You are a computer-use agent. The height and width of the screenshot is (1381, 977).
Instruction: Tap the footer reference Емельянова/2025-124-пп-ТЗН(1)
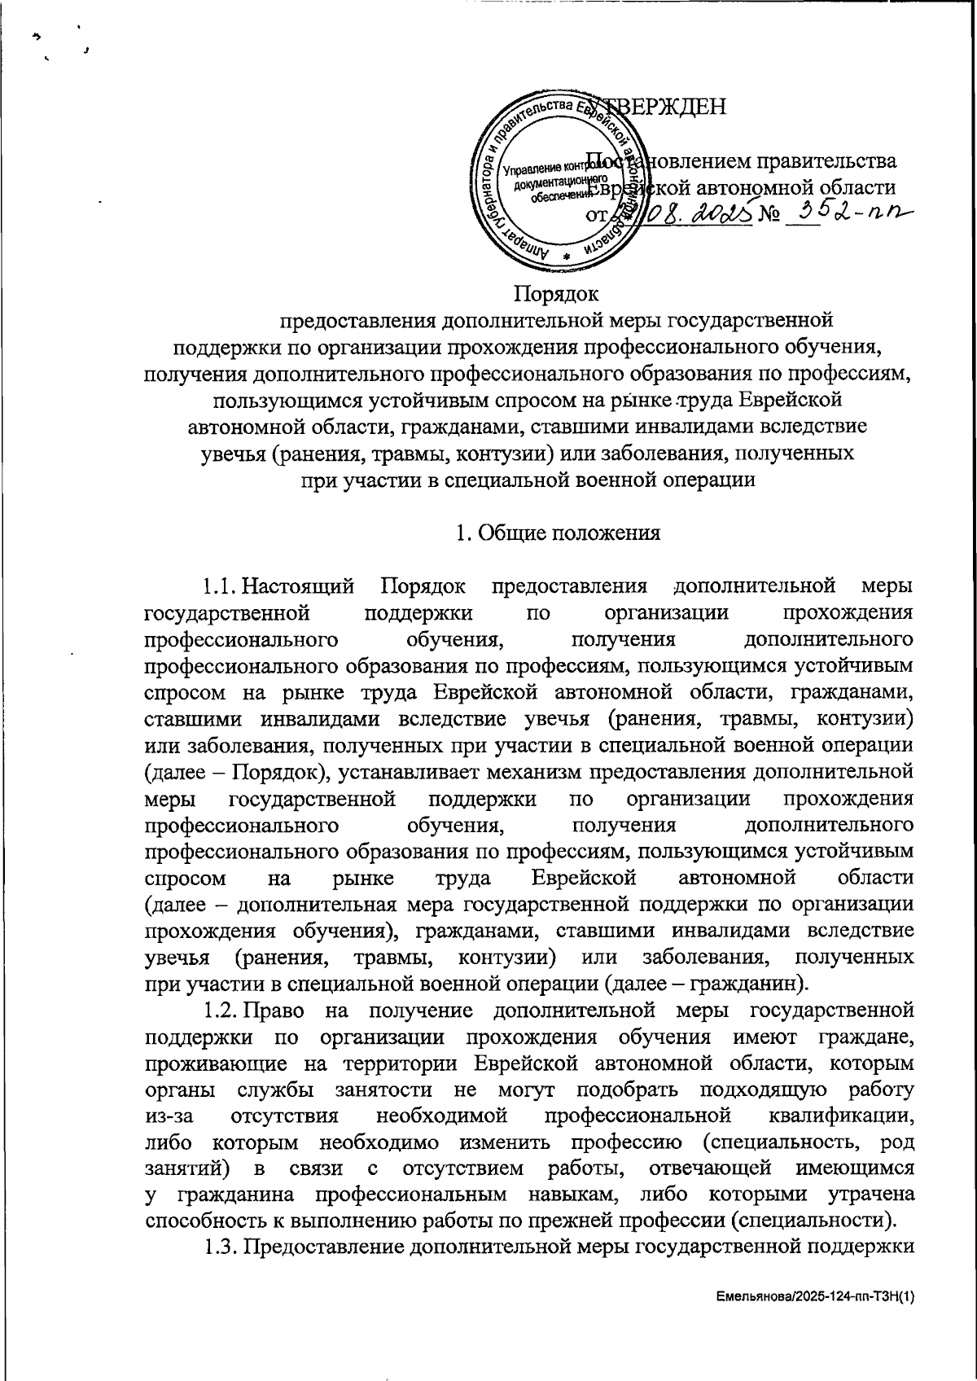point(814,1300)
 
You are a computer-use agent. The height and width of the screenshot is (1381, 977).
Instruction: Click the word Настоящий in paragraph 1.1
point(300,585)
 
